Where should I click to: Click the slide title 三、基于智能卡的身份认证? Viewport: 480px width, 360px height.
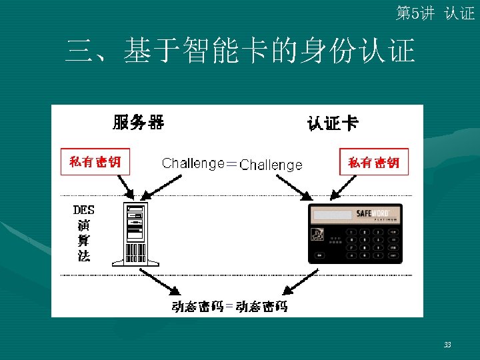click(240, 51)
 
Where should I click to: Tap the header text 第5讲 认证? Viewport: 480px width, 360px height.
click(435, 13)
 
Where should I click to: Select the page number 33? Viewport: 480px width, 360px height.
click(447, 345)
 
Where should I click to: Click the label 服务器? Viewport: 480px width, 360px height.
click(138, 122)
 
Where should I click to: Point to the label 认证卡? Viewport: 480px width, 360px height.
click(332, 123)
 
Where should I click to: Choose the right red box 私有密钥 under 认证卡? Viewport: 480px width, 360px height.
click(374, 163)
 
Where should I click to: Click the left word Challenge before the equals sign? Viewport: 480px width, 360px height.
click(193, 163)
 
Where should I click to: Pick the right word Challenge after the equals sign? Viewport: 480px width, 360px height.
click(271, 165)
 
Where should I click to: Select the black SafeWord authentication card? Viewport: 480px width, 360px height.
click(355, 233)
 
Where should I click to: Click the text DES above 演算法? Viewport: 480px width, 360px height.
click(84, 210)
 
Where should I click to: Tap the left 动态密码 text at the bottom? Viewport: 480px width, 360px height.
click(197, 307)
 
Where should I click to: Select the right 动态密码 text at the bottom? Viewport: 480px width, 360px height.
click(262, 307)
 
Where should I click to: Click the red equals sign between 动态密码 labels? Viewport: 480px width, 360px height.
click(229, 307)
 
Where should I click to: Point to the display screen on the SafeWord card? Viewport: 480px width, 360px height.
click(333, 215)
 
